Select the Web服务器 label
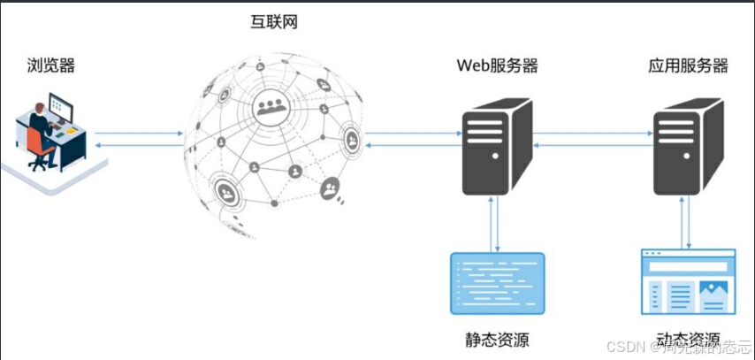click(x=497, y=65)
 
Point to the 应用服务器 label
click(x=688, y=65)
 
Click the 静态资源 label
click(x=497, y=340)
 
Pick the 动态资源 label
click(x=688, y=340)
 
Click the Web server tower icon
click(x=497, y=146)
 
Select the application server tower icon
click(x=688, y=146)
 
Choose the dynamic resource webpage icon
click(x=688, y=282)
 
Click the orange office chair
click(x=40, y=146)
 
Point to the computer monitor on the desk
click(x=61, y=110)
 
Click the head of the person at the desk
click(x=39, y=109)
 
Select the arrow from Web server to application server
click(x=592, y=134)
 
